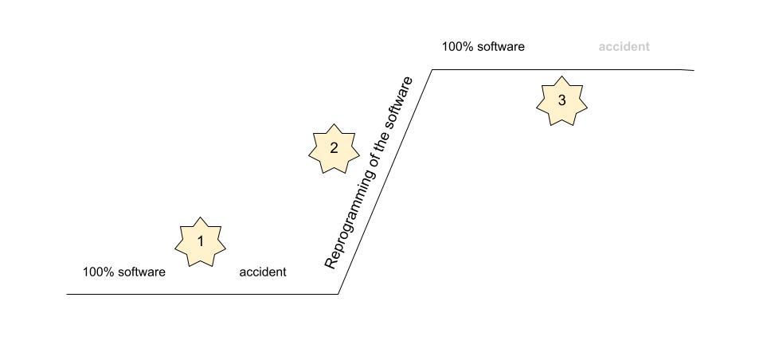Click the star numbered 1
pos(200,242)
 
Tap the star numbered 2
pos(334,148)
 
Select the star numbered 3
pos(561,100)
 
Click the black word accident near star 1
pos(263,272)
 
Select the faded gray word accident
pos(624,47)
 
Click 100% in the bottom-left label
pos(96,272)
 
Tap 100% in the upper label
pos(455,47)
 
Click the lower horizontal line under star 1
pos(202,295)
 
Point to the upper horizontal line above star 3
pos(563,69)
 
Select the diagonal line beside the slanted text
pos(385,182)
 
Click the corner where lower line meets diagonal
pos(338,295)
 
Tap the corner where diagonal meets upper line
pos(432,69)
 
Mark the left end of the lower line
pos(67,295)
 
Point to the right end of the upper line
pos(694,70)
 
